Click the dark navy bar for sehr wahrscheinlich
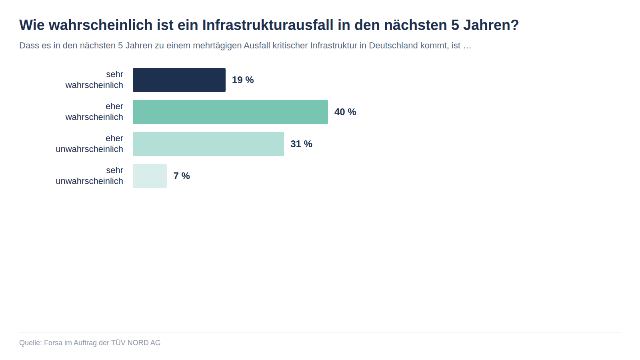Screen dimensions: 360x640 tap(179, 80)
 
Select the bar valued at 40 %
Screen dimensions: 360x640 tap(230, 112)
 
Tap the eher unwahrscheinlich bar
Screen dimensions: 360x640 tap(208, 144)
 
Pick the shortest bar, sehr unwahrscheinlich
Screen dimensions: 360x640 tap(150, 176)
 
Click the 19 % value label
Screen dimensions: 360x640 tap(243, 80)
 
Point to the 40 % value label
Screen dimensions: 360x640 tap(345, 112)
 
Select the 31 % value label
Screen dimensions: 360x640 tap(301, 144)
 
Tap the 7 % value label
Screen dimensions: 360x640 tap(182, 176)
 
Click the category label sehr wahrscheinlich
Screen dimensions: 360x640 tap(94, 80)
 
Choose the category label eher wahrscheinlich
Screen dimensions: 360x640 tap(94, 112)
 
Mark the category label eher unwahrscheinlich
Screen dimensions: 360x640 tap(90, 144)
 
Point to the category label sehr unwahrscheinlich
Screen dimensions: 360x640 tap(90, 176)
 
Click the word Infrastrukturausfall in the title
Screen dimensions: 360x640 tap(268, 25)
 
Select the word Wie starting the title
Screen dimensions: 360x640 tap(32, 25)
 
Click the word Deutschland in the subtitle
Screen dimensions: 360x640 tap(393, 46)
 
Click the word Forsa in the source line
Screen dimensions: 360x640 tap(53, 343)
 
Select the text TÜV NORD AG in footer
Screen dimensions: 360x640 tap(136, 343)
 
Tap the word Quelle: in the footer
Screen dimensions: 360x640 tap(30, 343)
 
